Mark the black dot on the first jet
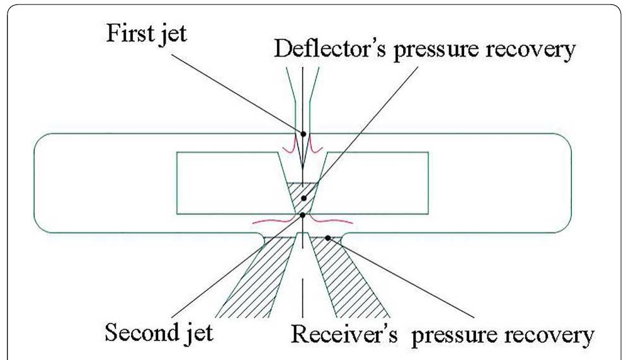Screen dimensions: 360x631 [x=303, y=133]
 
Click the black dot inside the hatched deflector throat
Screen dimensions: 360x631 [x=303, y=198]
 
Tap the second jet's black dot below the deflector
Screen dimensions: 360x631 [x=303, y=215]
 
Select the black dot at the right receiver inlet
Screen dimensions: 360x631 [x=327, y=237]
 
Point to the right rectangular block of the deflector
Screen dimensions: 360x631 [x=378, y=182]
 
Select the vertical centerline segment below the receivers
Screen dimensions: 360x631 [x=303, y=296]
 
